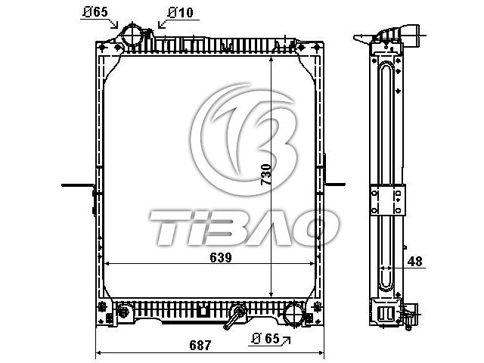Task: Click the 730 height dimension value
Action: [266, 175]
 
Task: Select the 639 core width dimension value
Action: [220, 257]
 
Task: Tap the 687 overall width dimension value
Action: [200, 345]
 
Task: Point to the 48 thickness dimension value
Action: [414, 262]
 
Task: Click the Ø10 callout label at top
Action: [181, 13]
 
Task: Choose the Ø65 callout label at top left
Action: [95, 12]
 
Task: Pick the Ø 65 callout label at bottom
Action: [265, 339]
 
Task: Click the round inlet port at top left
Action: [132, 35]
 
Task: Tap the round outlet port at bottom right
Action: [293, 314]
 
